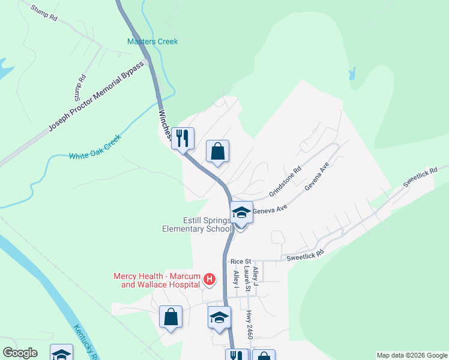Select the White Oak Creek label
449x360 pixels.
click(95, 147)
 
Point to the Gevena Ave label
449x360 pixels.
click(317, 178)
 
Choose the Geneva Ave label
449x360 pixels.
click(270, 210)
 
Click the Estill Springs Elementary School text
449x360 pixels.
click(197, 224)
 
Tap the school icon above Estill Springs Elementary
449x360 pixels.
click(241, 212)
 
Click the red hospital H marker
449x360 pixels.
click(209, 279)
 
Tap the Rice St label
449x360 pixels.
click(240, 262)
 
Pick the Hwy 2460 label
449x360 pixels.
click(249, 325)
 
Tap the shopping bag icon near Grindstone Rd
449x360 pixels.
click(217, 152)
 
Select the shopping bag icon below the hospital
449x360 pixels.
click(170, 316)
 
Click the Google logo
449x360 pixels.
click(20, 353)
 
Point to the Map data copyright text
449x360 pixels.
click(412, 355)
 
